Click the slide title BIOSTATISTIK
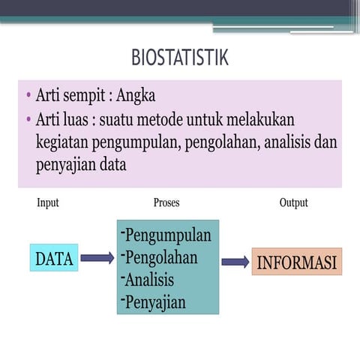point(179,57)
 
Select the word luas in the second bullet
point(78,120)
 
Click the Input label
point(47,202)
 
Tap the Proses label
point(166,202)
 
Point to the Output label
point(293,202)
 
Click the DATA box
point(54,259)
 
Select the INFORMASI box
point(296,262)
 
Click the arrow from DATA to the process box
point(97,259)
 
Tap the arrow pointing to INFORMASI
point(235,262)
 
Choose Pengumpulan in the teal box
point(166,235)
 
